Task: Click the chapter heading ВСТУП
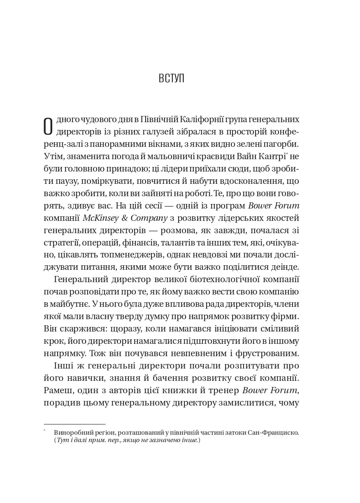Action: click(172, 78)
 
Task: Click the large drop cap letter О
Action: click(48, 126)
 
